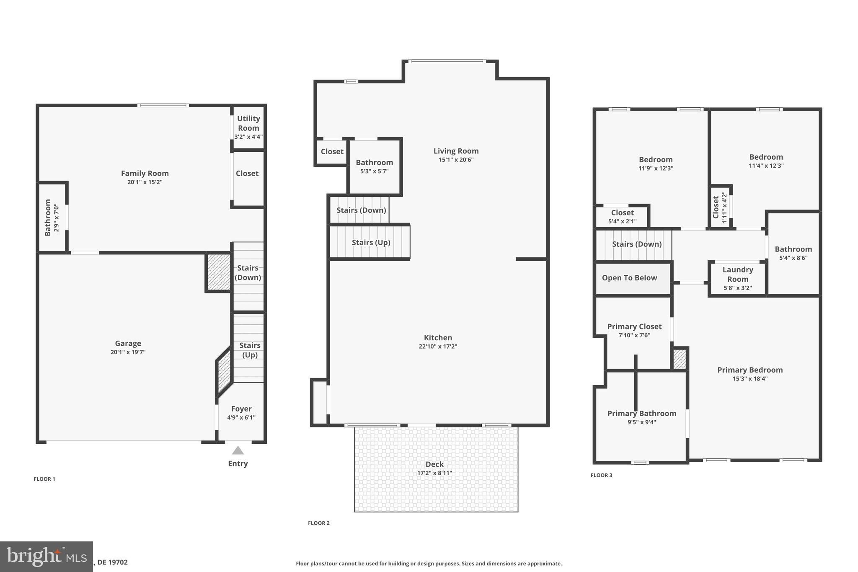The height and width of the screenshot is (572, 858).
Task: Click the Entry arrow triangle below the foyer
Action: tap(238, 450)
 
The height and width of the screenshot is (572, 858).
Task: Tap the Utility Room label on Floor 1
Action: tap(248, 123)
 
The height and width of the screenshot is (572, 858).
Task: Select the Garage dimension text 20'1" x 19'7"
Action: tap(128, 352)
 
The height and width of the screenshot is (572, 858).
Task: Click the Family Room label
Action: tap(145, 173)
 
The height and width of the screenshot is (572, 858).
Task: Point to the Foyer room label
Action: tap(241, 409)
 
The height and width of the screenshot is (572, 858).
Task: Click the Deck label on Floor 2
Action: tap(434, 464)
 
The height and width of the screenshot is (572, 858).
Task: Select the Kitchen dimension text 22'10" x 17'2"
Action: tap(438, 347)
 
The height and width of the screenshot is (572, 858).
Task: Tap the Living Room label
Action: tap(456, 151)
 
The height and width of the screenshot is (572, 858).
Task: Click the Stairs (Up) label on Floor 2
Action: tap(371, 243)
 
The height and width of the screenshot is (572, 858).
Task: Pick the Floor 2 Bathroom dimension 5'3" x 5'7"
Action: tap(374, 171)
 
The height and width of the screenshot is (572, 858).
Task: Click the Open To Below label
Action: tap(629, 278)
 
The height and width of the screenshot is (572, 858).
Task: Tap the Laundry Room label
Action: tap(738, 274)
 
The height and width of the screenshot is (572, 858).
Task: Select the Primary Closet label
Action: tap(634, 326)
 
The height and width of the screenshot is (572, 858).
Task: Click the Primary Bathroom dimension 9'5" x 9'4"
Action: tap(642, 422)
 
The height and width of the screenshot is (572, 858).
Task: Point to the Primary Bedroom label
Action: tap(750, 370)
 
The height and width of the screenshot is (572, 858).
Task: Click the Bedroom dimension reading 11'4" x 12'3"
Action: tap(766, 166)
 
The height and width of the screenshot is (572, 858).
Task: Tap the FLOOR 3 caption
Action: tap(601, 475)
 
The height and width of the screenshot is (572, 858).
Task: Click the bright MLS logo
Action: tap(46, 556)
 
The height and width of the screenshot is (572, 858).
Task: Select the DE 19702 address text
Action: tap(112, 562)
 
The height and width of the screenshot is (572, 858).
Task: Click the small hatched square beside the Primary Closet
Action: tap(680, 359)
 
